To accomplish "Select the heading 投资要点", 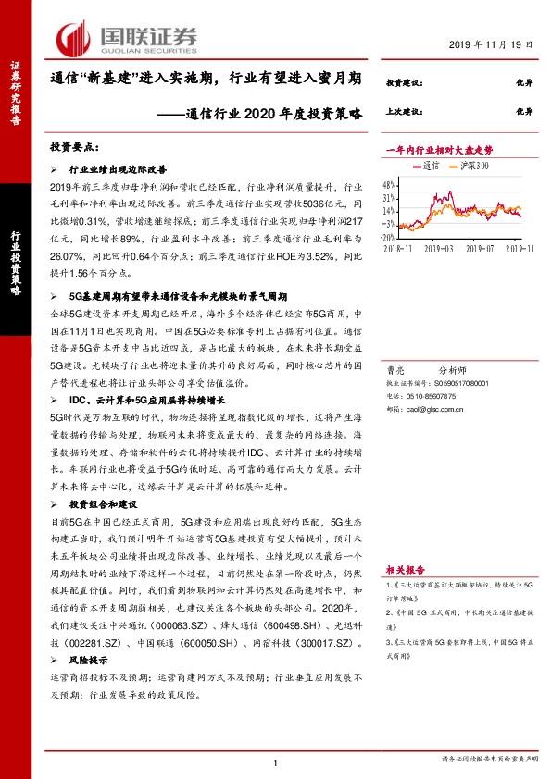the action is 76,148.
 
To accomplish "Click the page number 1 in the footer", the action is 276,761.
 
